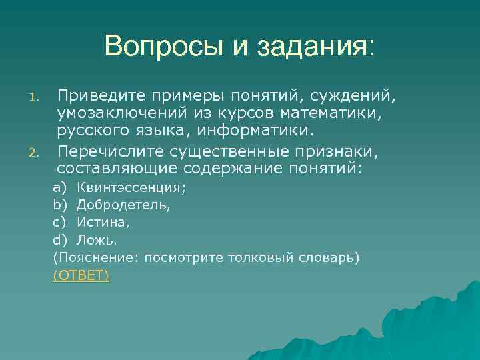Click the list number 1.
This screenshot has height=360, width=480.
[38, 100]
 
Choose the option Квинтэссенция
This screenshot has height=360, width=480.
[131, 188]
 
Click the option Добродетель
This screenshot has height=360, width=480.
[123, 205]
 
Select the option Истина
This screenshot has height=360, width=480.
[103, 223]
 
